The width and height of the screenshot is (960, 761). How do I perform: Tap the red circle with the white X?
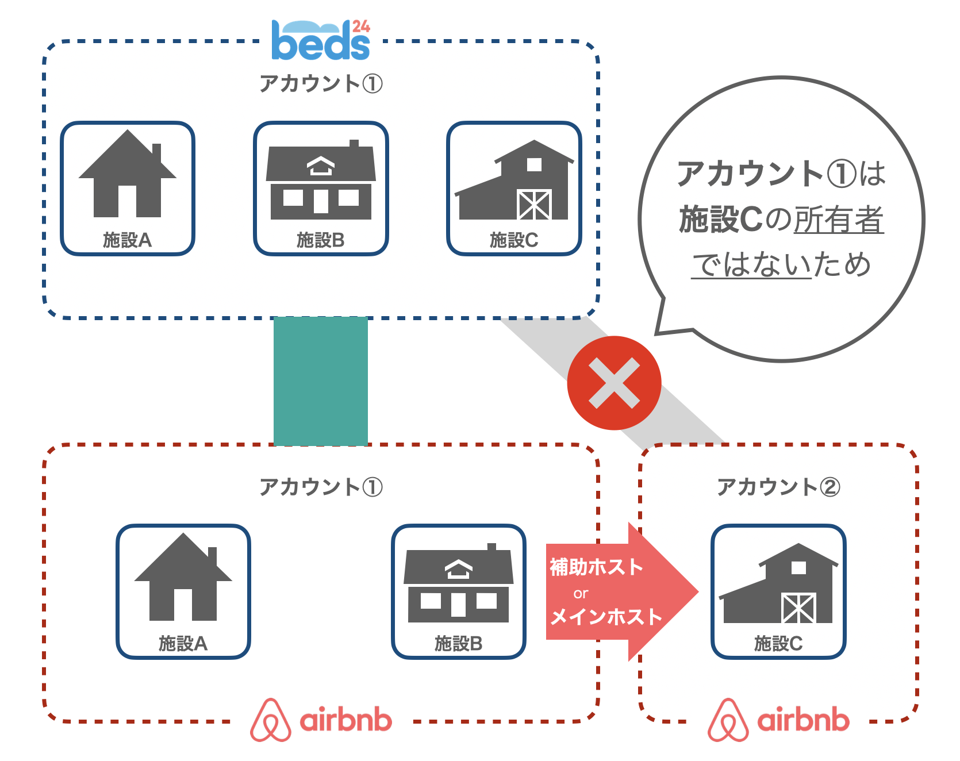click(614, 383)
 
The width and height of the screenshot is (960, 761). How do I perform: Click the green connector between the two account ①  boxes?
click(320, 381)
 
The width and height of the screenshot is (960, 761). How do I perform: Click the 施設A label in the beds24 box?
click(127, 240)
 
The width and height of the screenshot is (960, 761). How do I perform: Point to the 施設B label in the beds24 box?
click(320, 240)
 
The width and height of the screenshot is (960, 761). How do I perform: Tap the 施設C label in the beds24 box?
click(514, 240)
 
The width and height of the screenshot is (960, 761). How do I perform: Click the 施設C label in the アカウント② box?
click(778, 643)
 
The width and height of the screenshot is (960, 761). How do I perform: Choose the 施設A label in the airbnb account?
click(183, 643)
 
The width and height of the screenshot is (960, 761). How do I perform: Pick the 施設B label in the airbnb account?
click(458, 643)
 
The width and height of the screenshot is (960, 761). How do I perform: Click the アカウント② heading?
click(778, 487)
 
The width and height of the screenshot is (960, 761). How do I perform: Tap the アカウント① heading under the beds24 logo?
click(320, 84)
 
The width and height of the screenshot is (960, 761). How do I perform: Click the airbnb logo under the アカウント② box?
click(778, 720)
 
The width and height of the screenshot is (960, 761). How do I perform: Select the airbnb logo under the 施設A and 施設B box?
click(321, 720)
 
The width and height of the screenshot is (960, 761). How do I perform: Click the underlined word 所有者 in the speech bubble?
click(838, 220)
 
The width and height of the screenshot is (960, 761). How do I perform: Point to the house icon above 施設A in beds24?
click(127, 175)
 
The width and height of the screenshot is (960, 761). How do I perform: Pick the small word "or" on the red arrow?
click(581, 593)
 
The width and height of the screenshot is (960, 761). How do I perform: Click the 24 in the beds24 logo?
click(361, 26)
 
